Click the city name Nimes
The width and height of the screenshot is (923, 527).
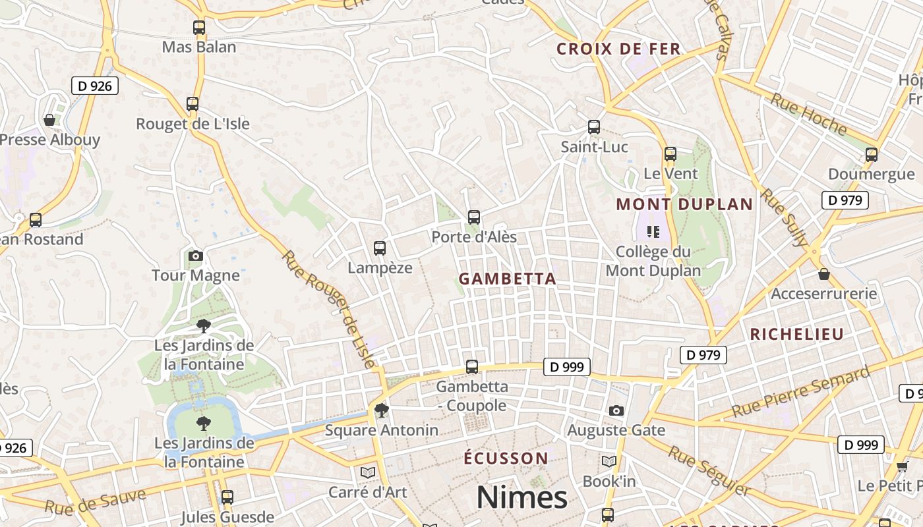click(x=521, y=497)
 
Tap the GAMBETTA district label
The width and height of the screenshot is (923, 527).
click(x=507, y=279)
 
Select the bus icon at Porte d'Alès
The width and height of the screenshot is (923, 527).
click(x=473, y=217)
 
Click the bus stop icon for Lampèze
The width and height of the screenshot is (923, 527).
click(x=379, y=248)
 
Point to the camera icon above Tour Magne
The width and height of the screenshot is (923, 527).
click(x=195, y=256)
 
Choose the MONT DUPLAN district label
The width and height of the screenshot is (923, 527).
click(x=684, y=204)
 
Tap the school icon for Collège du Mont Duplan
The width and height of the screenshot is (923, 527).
click(x=653, y=231)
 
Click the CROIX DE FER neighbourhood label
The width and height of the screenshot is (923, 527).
click(x=618, y=49)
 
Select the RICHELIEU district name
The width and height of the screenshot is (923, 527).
click(x=796, y=334)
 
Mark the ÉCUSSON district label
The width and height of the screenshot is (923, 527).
click(x=506, y=458)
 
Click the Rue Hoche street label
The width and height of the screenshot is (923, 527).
click(x=808, y=114)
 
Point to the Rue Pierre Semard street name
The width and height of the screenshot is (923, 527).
click(x=800, y=393)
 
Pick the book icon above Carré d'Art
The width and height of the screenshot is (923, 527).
click(x=368, y=472)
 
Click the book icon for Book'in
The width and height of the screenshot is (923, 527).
click(x=609, y=462)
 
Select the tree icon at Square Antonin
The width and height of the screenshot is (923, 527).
click(x=381, y=411)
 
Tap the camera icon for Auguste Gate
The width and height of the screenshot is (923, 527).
click(x=616, y=411)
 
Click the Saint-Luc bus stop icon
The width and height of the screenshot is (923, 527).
click(x=593, y=127)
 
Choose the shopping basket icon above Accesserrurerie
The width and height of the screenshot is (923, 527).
click(x=823, y=274)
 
